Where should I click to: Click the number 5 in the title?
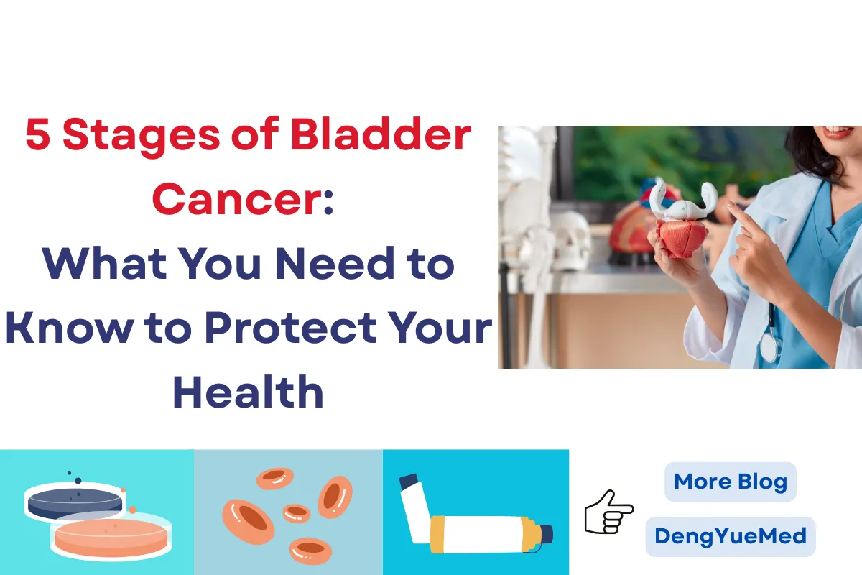click(38, 137)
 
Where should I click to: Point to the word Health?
click(248, 392)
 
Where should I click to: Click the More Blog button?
click(730, 482)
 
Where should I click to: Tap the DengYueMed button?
click(730, 536)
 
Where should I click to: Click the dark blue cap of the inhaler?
click(545, 534)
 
